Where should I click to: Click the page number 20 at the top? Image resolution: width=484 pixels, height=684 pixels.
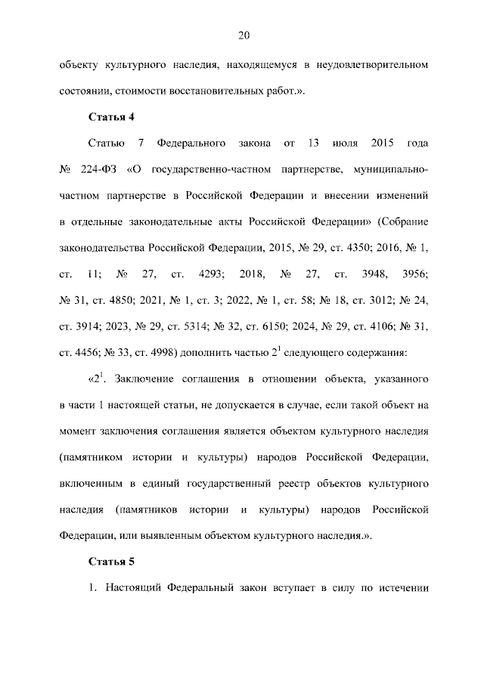[x=242, y=35]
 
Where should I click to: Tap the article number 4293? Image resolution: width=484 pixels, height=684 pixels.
[x=209, y=274]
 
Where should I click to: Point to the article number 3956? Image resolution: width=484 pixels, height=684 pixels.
[x=414, y=274]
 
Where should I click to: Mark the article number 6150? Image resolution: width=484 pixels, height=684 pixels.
[x=286, y=326]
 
